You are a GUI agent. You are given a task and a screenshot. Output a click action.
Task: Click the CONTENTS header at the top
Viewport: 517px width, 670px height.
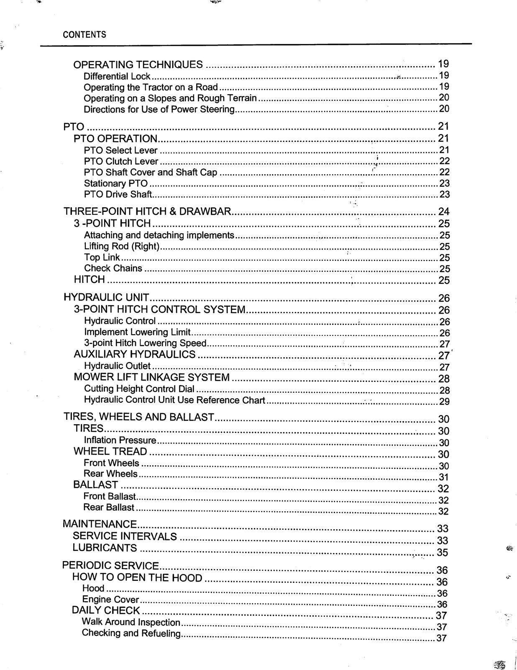pyautogui.click(x=84, y=35)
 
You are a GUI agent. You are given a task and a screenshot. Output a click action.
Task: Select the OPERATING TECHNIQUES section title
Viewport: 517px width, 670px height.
pyautogui.click(x=138, y=64)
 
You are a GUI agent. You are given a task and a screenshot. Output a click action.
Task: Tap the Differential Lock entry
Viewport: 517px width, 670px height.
pyautogui.click(x=117, y=76)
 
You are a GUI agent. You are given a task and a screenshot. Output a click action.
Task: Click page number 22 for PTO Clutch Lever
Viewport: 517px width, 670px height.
pyautogui.click(x=444, y=161)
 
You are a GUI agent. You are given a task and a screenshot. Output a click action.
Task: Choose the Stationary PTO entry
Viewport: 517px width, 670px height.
pyautogui.click(x=116, y=183)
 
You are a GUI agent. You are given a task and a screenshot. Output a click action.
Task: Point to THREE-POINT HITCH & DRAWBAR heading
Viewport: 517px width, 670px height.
pyautogui.click(x=147, y=211)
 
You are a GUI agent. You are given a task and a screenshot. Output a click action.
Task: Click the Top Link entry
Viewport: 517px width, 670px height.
pyautogui.click(x=102, y=258)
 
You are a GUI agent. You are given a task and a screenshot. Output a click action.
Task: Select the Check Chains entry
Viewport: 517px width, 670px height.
pyautogui.click(x=113, y=268)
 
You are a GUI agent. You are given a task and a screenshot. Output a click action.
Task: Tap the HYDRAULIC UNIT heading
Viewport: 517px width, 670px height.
pyautogui.click(x=106, y=298)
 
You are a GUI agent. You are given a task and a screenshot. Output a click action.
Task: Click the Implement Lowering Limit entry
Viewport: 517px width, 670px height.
pyautogui.click(x=137, y=332)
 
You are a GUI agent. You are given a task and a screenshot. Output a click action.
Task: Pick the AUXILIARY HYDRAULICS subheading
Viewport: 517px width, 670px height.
pyautogui.click(x=134, y=354)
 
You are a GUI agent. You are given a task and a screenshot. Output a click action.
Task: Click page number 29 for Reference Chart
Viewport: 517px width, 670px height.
pyautogui.click(x=444, y=402)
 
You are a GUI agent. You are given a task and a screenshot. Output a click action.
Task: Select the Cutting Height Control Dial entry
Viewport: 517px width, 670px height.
pyautogui.click(x=139, y=389)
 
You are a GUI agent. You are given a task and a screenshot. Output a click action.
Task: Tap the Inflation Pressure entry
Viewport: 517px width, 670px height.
pyautogui.click(x=120, y=440)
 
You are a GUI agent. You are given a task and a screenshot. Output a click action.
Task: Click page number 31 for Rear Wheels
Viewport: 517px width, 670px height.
pyautogui.click(x=443, y=477)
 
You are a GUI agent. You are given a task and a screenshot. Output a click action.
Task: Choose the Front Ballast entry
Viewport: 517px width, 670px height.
pyautogui.click(x=110, y=497)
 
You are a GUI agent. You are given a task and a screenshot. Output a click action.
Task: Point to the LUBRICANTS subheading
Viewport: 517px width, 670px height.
pyautogui.click(x=105, y=548)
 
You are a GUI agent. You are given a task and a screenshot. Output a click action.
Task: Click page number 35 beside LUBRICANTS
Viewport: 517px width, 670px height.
pyautogui.click(x=442, y=552)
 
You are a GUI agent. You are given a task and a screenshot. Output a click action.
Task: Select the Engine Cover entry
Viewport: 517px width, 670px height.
pyautogui.click(x=110, y=600)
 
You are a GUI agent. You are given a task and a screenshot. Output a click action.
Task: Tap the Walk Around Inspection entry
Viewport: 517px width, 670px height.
pyautogui.click(x=131, y=622)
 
